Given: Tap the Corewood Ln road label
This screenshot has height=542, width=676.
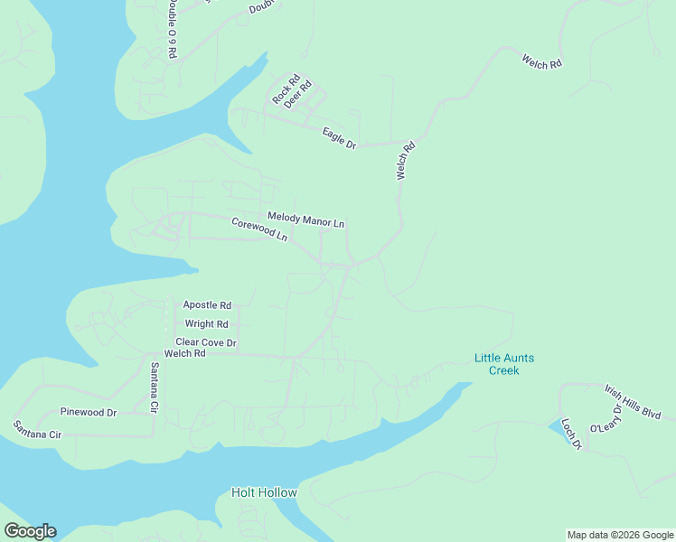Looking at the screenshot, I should (259, 229).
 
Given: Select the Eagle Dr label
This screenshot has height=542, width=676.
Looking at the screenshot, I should (340, 138).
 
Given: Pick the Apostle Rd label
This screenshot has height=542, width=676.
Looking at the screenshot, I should (207, 305).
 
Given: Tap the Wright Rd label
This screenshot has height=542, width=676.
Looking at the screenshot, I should (207, 323).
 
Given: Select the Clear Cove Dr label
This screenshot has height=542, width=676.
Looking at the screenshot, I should (206, 342).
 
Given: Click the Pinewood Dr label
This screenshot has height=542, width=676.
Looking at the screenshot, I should (89, 412).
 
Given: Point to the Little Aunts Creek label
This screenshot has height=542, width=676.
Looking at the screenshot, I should (504, 364).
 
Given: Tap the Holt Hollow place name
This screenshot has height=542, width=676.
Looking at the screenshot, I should (264, 492).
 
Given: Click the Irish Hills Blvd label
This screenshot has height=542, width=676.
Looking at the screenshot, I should (633, 401).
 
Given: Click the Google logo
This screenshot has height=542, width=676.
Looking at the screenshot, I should (30, 531).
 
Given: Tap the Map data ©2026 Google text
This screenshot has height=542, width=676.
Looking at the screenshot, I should (620, 535).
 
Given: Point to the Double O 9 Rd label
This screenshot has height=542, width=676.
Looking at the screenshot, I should (172, 29).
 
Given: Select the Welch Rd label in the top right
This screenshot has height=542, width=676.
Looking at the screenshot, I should (542, 62).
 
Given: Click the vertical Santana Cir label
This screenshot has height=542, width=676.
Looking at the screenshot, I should (155, 388).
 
